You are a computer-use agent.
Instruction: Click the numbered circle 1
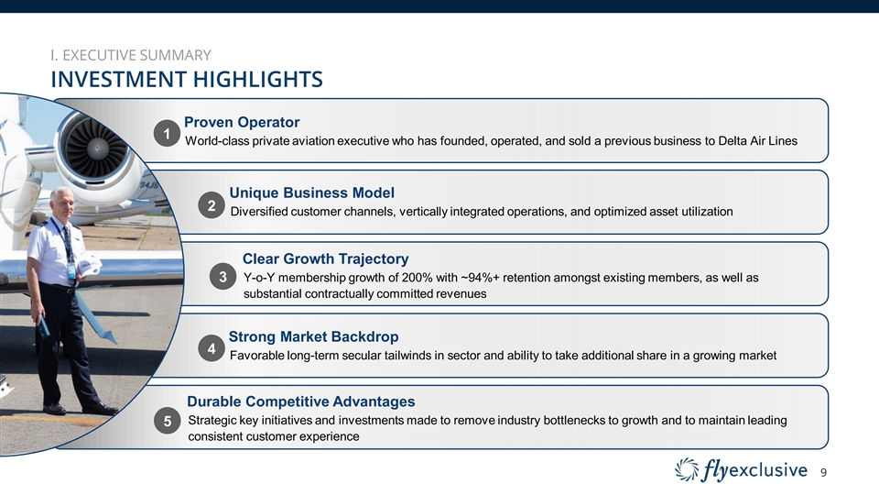click(x=167, y=134)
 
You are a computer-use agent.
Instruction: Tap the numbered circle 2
click(x=212, y=205)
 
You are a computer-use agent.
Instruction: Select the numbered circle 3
click(x=223, y=277)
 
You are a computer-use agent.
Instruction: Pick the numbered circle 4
click(x=212, y=348)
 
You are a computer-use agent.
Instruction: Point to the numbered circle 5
click(x=167, y=421)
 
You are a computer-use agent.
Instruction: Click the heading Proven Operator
click(x=242, y=122)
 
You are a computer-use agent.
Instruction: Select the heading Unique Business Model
click(x=311, y=192)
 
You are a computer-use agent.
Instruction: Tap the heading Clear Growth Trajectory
click(x=325, y=258)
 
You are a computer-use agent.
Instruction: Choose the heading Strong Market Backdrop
click(x=313, y=336)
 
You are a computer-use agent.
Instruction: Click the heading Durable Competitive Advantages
click(x=301, y=401)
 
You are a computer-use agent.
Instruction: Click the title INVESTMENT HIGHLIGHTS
click(x=187, y=79)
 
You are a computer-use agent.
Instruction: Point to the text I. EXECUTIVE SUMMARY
click(x=131, y=55)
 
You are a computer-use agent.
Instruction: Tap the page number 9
click(x=823, y=473)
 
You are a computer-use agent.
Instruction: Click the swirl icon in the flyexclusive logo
click(x=687, y=469)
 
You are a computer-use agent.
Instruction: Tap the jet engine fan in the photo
click(x=96, y=148)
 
